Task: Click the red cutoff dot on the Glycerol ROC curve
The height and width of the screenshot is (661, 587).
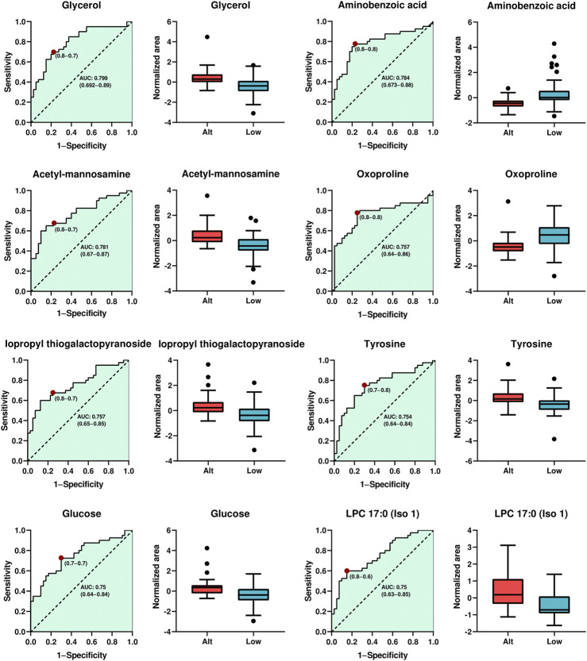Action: click(53, 52)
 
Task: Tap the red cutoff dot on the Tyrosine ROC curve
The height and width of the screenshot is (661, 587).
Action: click(364, 386)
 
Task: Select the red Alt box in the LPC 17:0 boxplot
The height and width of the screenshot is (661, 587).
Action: click(508, 591)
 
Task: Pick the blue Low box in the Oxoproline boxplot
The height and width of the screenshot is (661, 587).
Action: click(554, 235)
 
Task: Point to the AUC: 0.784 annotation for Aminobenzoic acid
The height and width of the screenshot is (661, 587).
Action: click(396, 78)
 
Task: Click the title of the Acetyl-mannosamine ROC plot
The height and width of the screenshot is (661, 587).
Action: click(82, 174)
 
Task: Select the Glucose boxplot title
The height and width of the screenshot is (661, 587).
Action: click(230, 514)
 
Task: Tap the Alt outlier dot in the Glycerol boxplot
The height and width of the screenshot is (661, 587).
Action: click(207, 37)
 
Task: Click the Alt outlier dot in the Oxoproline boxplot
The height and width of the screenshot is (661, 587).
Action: click(508, 202)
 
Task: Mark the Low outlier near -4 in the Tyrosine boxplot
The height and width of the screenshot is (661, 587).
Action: click(554, 440)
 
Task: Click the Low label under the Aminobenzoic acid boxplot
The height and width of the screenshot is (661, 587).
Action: click(554, 133)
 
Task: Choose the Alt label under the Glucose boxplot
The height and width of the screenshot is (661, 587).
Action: click(207, 641)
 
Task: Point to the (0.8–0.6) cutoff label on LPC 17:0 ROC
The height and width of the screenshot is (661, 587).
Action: click(361, 576)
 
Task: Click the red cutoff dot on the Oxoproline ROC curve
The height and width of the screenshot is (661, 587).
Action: click(357, 213)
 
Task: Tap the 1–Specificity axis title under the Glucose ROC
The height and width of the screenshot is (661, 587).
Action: click(82, 655)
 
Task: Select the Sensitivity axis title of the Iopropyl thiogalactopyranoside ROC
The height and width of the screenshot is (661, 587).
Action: click(5, 410)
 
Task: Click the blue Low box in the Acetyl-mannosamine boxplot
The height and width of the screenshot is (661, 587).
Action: click(253, 245)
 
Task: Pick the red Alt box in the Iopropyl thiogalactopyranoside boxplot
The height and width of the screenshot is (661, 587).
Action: click(208, 407)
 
